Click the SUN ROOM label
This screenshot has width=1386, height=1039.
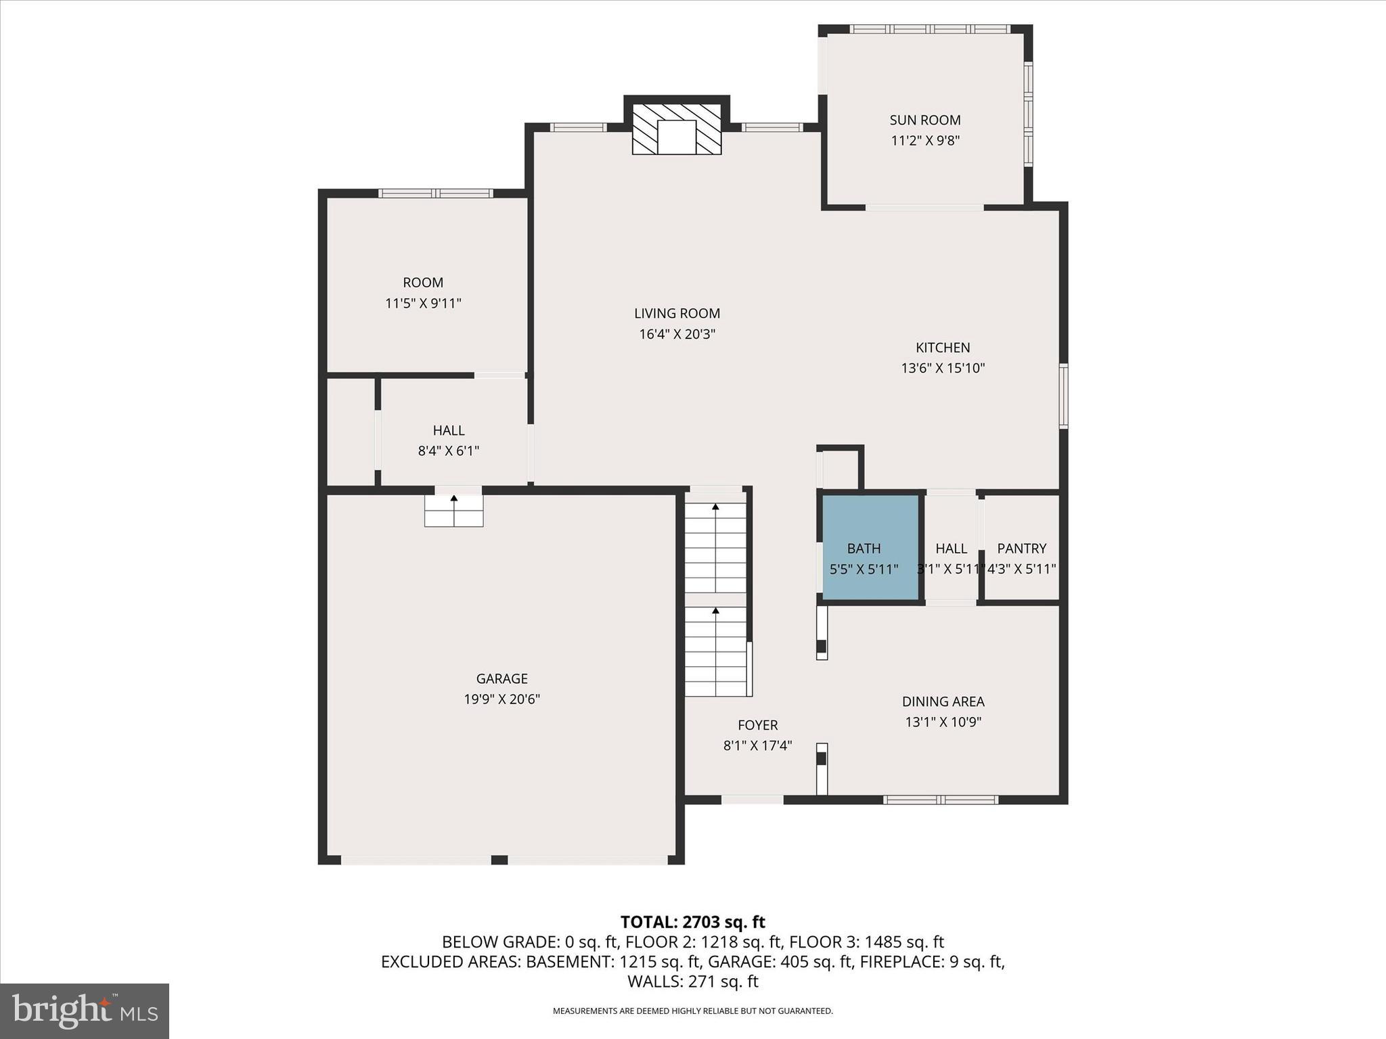[924, 120]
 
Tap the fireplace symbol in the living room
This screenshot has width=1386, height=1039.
[677, 129]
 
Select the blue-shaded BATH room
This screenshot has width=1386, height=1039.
[870, 547]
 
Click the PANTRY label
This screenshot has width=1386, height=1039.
[1021, 549]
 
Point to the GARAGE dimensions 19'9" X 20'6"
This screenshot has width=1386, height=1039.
[501, 699]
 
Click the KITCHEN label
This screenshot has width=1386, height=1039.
[943, 348]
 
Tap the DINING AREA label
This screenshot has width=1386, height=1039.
[943, 701]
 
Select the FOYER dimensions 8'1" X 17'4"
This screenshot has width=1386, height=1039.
[757, 746]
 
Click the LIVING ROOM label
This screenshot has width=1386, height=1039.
[677, 314]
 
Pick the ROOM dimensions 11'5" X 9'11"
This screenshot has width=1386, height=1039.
[423, 304]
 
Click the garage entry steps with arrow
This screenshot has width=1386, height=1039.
[453, 511]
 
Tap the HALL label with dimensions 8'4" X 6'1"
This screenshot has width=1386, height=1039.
[449, 431]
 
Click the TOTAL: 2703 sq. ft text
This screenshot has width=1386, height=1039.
[692, 922]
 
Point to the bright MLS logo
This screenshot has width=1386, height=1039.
[85, 1011]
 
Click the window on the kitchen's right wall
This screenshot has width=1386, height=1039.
[1063, 396]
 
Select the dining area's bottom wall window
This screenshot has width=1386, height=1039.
[941, 800]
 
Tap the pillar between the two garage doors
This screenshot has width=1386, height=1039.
[499, 860]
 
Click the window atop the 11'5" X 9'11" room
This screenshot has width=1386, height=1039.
[435, 193]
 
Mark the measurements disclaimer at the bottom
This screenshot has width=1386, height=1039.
[692, 1011]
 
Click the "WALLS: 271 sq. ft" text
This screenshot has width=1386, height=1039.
[692, 982]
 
